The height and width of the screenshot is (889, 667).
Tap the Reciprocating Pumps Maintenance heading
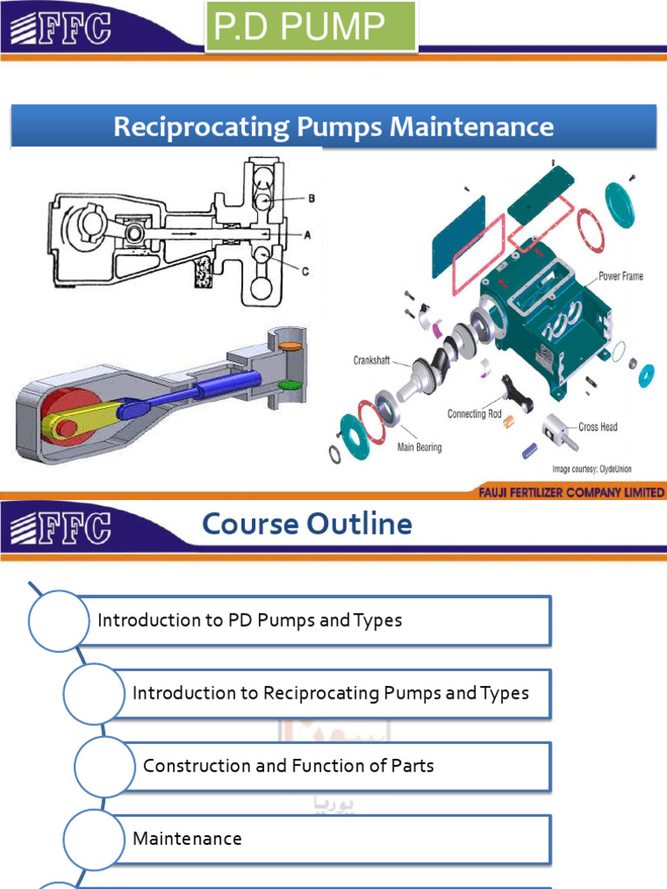point(333,127)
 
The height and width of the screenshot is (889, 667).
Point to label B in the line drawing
point(311,198)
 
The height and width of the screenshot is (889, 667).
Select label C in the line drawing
point(304,271)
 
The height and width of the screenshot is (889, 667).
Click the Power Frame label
point(620,277)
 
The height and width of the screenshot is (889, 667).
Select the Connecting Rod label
point(474,414)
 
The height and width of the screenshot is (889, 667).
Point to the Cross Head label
point(598,427)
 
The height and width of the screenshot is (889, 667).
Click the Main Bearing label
point(419,447)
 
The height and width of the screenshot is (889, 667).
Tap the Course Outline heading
point(307,524)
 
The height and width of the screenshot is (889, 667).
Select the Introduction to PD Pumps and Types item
point(250,620)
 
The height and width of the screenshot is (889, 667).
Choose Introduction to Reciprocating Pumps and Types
point(330,693)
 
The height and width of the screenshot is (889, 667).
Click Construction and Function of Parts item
point(288,766)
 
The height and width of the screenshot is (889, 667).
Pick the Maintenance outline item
point(188,839)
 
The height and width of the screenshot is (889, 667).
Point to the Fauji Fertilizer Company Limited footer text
point(571,493)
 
